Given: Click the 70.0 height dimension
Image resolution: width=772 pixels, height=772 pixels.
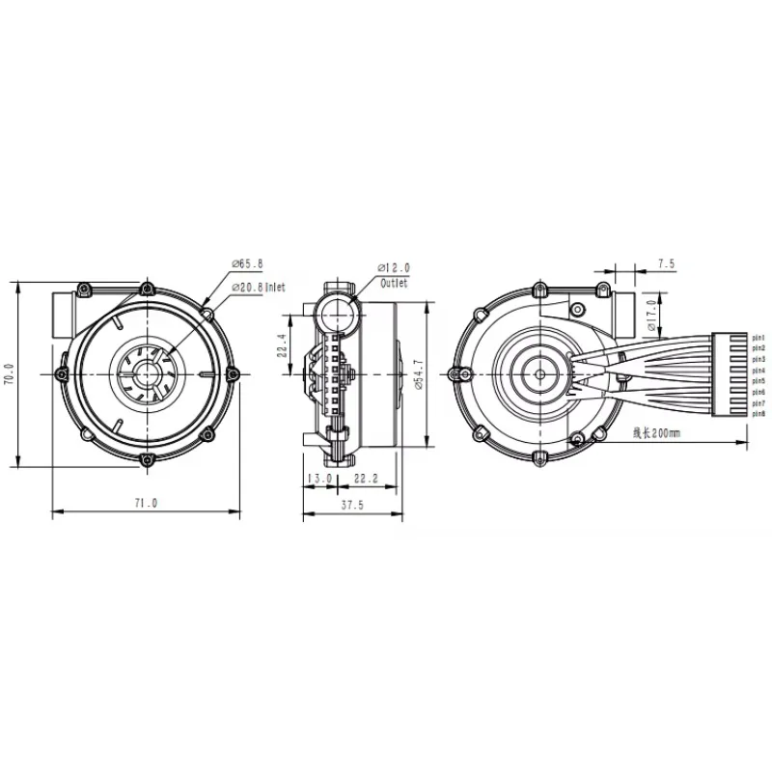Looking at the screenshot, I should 11,374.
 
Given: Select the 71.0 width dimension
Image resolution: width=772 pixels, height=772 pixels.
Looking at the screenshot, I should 146,503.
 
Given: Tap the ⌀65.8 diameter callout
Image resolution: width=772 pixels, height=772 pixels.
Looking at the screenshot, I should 248,262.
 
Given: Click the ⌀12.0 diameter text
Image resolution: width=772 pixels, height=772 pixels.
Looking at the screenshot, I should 394,266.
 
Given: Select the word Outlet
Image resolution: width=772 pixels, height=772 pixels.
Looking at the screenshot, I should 394,284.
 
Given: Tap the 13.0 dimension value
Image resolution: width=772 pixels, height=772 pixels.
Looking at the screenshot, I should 319,478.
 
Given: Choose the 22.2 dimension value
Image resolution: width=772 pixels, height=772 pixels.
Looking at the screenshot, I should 365,478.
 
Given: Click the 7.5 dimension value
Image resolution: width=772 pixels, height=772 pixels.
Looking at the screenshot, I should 665,262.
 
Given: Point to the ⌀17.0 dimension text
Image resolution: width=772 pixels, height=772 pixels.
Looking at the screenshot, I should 652,315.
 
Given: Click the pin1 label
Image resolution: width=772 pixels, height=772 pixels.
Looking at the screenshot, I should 758,338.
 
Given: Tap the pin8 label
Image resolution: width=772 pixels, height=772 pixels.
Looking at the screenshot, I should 758,414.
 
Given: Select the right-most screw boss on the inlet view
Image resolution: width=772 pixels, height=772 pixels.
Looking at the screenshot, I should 232,373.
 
